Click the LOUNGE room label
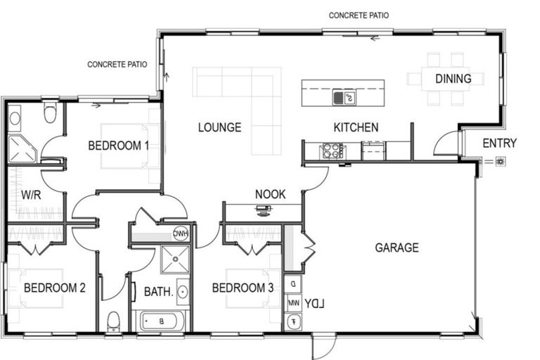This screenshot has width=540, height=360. pos(219,127)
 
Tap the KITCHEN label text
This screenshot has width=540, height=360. pos(356,127)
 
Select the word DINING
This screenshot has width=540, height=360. pos(453,79)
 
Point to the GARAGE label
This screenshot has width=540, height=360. pos(397,247)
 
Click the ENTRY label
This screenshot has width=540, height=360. pos(499,143)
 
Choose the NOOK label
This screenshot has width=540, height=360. pos(270,194)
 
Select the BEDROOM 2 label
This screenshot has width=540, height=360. pos(54,288)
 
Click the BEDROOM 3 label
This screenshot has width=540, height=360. pos(243,288)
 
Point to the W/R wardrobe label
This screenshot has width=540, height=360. pos(30,194)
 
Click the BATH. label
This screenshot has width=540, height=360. pos(158,291)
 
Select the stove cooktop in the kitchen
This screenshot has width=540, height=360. pos(332,150)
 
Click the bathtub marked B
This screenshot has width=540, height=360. pos(162,321)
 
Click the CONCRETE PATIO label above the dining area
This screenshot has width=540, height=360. pos(359,15)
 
